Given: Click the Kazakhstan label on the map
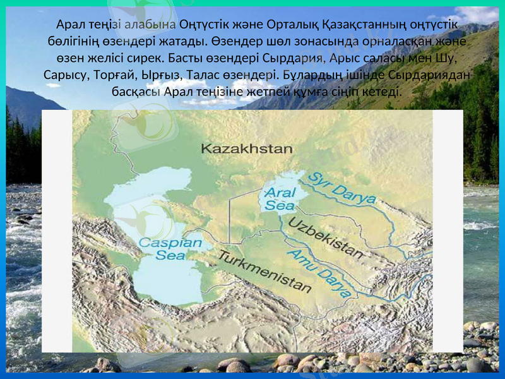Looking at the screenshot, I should pyautogui.click(x=247, y=148).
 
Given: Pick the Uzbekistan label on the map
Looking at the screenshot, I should pyautogui.click(x=326, y=238).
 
